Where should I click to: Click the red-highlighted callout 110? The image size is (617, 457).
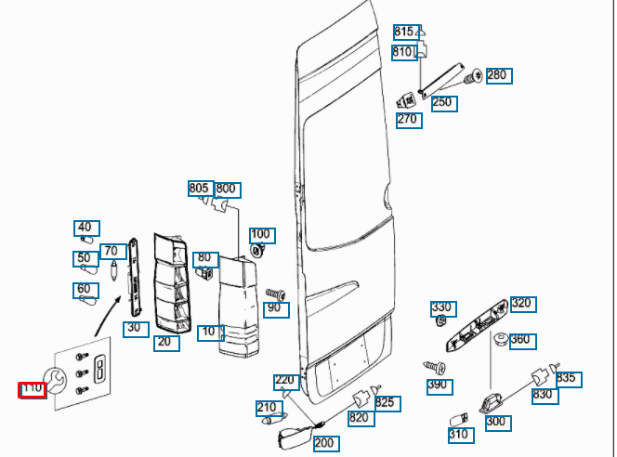(x=33, y=390)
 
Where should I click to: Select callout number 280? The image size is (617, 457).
(x=498, y=75)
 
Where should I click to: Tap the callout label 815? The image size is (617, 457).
(x=406, y=33)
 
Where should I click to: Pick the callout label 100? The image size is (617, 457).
(x=261, y=234)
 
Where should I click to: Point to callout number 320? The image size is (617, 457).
(x=522, y=304)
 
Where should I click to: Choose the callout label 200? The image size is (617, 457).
(x=324, y=443)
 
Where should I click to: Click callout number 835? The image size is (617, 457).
(x=567, y=378)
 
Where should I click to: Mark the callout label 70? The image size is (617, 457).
(x=113, y=251)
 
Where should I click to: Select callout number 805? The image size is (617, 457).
(x=200, y=189)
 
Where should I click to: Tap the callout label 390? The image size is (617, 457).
(x=437, y=385)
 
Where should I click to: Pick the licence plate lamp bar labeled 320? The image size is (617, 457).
(x=477, y=325)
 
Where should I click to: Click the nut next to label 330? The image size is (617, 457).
(x=440, y=322)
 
